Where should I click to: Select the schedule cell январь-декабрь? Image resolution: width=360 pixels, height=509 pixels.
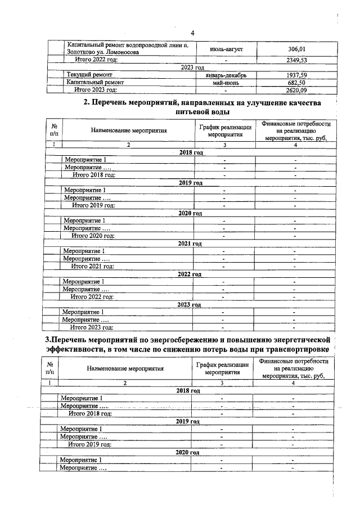225,74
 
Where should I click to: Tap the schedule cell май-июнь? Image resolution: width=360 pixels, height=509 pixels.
225,82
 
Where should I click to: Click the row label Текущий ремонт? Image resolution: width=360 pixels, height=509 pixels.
89,74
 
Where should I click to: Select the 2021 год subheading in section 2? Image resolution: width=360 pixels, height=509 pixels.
190,244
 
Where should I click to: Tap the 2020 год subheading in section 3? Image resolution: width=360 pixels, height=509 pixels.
188,452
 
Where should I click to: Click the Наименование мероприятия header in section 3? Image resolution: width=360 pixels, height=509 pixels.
125,369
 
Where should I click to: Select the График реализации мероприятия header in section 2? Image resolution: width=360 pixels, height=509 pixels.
224,131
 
